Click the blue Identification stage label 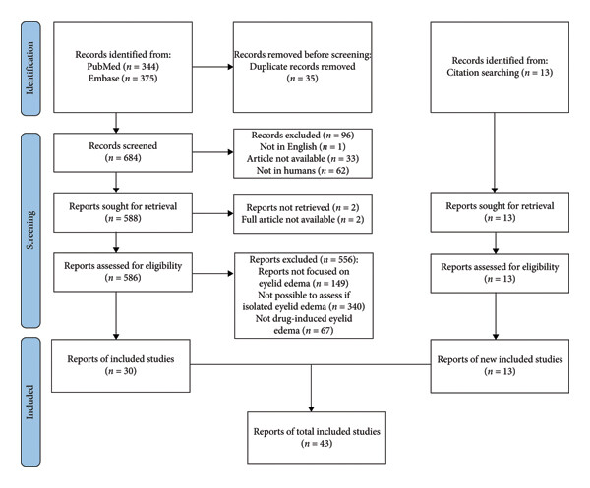coord(30,68)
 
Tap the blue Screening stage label coord(30,231)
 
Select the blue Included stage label coord(30,402)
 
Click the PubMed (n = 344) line coord(123,67)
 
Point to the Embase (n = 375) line coord(123,79)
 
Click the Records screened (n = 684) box coord(123,152)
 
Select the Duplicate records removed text coord(302,67)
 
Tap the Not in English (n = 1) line coord(303,146)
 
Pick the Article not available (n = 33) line coord(303,158)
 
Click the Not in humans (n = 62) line coord(303,170)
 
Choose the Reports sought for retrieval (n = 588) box coord(123,213)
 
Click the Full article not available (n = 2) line coord(303,219)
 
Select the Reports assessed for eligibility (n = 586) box coord(123,272)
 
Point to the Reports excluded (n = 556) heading coord(304,259)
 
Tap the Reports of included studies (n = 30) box coord(121,366)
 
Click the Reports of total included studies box coord(317,438)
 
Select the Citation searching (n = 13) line coord(500,72)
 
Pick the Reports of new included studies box coord(500,366)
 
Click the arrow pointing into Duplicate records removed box coord(213,67)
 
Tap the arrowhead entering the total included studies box coord(311,408)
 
